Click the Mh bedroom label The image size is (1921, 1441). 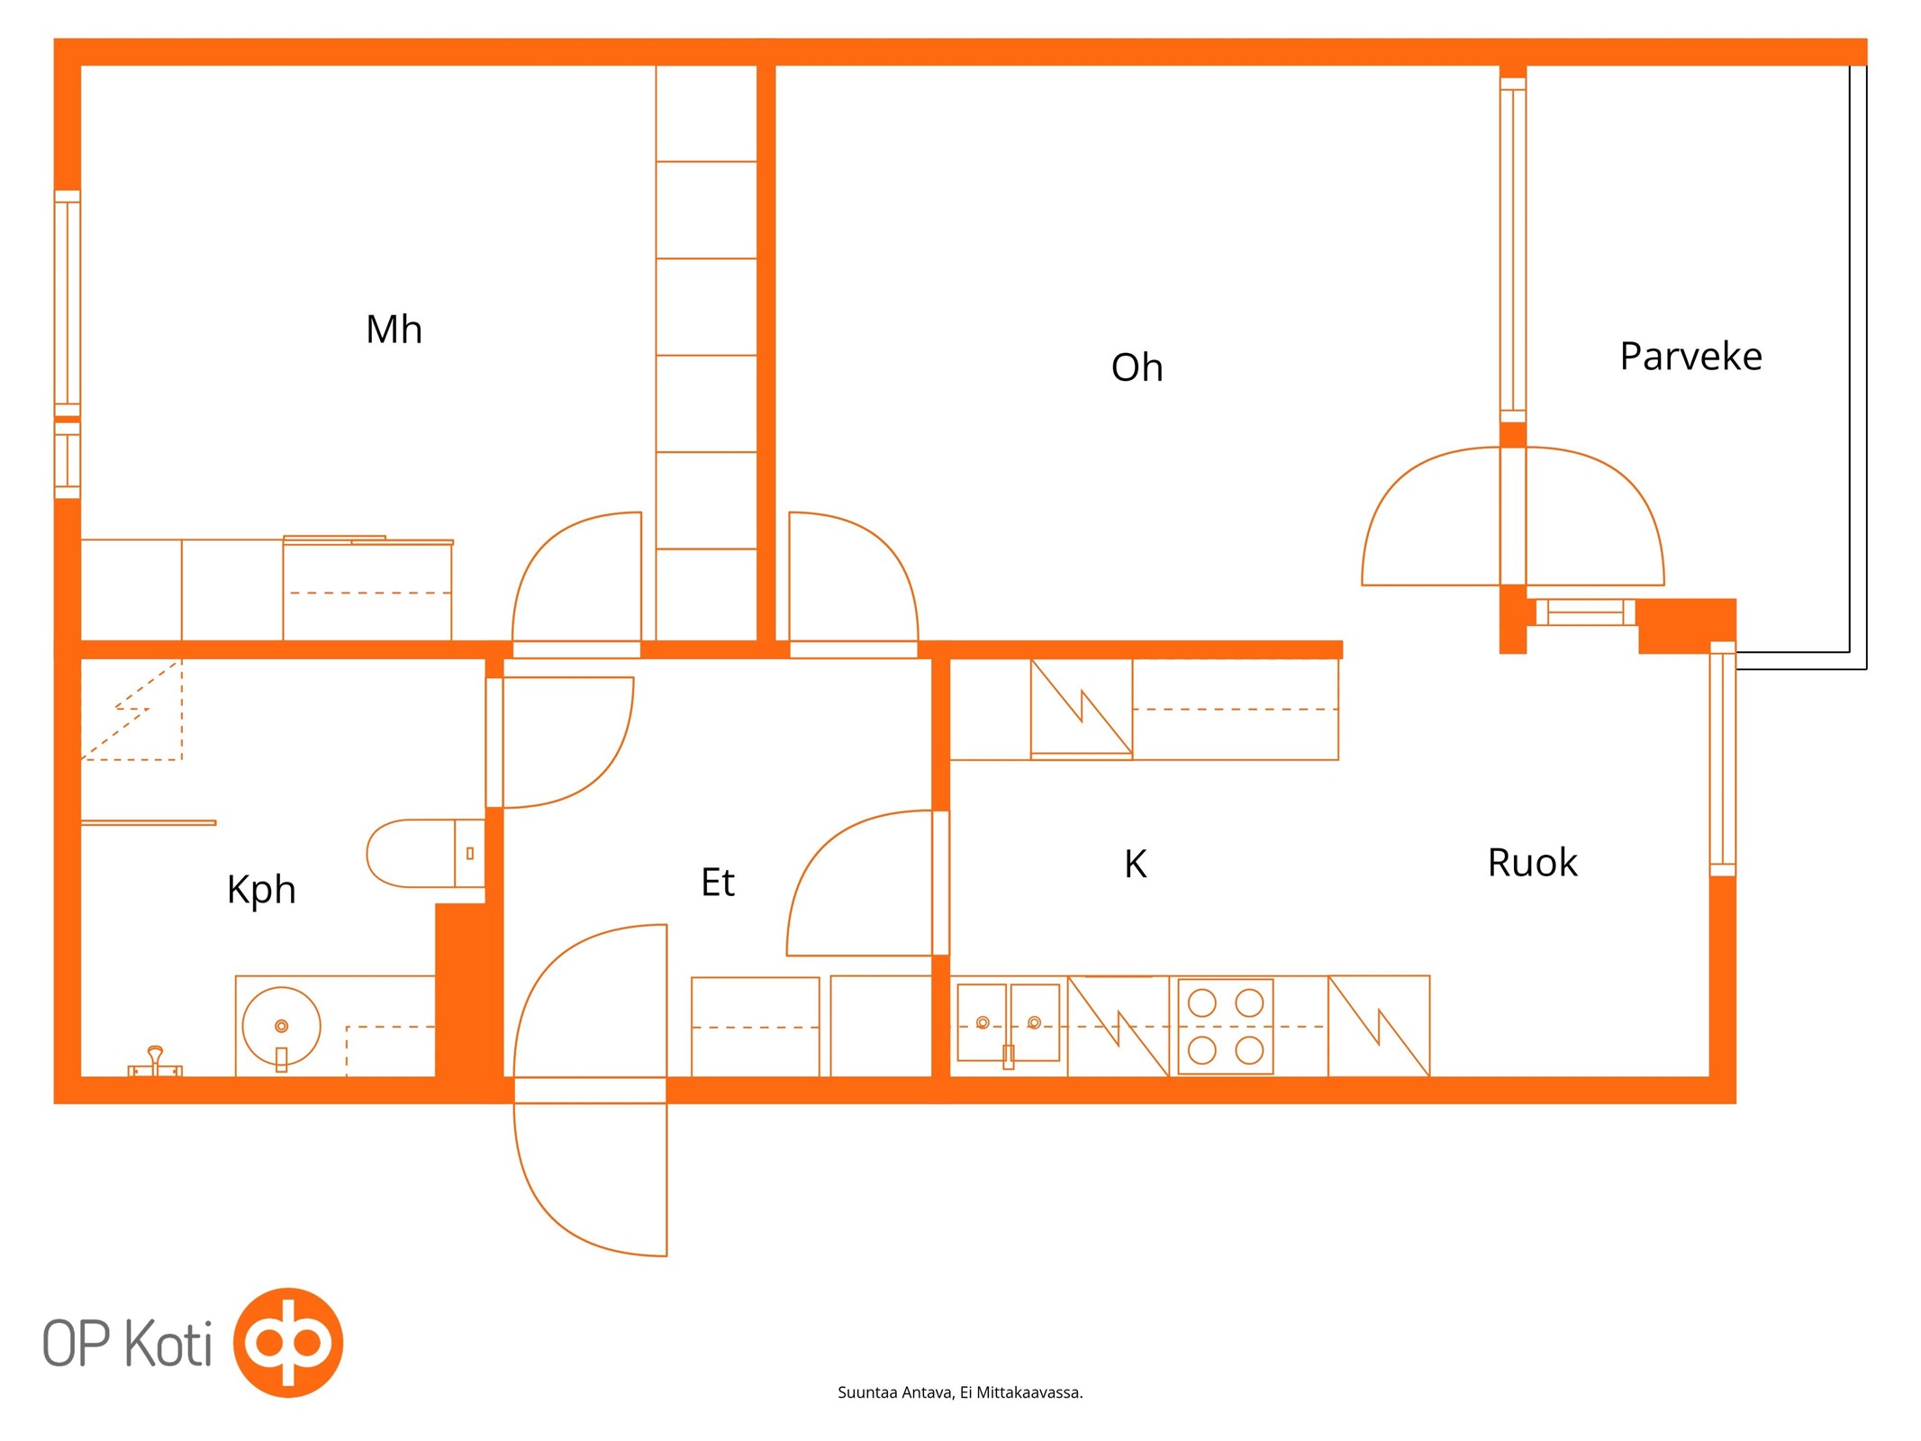click(x=394, y=330)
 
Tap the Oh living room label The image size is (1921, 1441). click(x=1137, y=367)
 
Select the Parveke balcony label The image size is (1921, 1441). click(x=1690, y=357)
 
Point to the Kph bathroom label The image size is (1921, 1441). click(x=261, y=891)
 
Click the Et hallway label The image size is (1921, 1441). click(x=718, y=883)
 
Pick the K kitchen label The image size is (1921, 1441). click(x=1135, y=864)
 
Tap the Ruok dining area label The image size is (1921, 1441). click(x=1532, y=863)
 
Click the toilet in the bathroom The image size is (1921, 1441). click(x=425, y=853)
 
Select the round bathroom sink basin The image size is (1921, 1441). click(x=281, y=1026)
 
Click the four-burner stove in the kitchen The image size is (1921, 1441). click(x=1226, y=1026)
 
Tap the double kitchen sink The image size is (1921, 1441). click(x=1009, y=1023)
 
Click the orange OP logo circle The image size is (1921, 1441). click(x=288, y=1342)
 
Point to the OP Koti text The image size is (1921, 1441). click(x=127, y=1344)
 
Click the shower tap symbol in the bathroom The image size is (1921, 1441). click(x=155, y=1063)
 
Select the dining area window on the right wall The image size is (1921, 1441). click(x=1722, y=758)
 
